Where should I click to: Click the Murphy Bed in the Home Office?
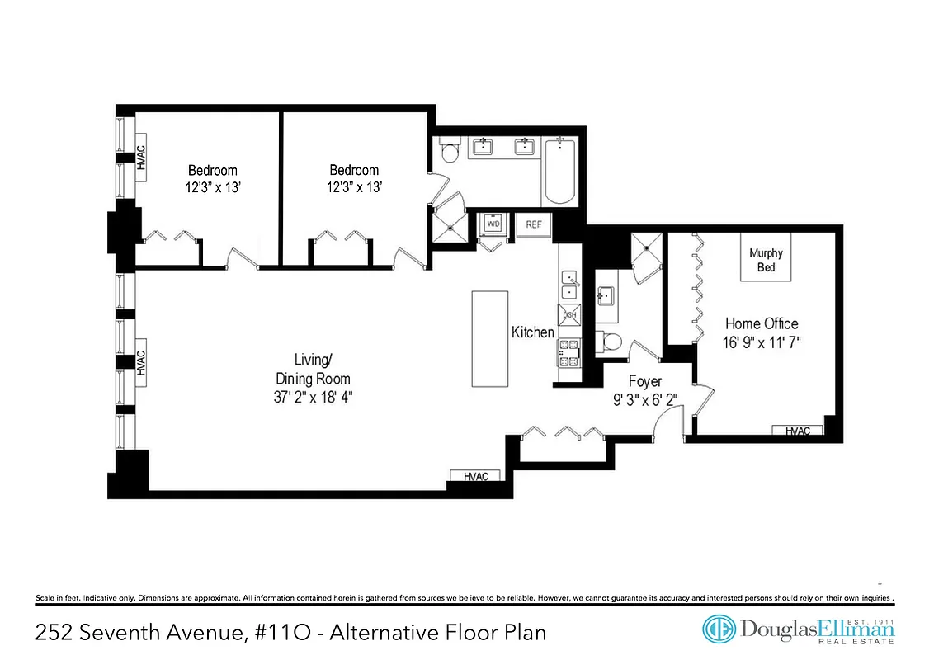766,260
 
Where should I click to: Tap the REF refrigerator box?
533,224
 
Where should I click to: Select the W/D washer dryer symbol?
493,224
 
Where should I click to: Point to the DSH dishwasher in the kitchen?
569,315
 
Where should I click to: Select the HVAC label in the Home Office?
797,431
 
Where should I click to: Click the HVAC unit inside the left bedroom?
141,158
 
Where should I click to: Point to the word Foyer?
645,381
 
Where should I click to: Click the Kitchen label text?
533,332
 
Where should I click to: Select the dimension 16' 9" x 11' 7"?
762,341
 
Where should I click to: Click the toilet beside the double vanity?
450,153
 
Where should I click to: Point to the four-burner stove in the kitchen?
569,352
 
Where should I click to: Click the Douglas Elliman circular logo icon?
719,629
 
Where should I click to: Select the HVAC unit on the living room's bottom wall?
476,476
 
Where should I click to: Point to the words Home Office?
762,323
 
